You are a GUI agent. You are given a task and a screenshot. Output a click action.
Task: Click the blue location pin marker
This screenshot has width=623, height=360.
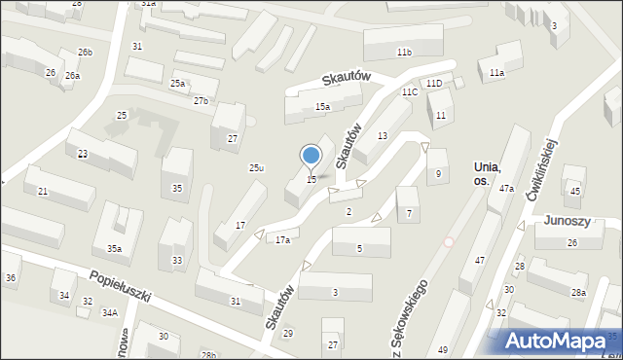pyautogui.click(x=311, y=156)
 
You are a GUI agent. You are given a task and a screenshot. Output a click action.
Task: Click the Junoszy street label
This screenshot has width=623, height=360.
pyautogui.click(x=568, y=220)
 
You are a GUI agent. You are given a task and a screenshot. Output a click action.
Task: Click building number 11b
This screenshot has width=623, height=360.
pyautogui.click(x=403, y=52)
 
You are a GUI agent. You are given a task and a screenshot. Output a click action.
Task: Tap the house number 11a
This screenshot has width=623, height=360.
pyautogui.click(x=496, y=73)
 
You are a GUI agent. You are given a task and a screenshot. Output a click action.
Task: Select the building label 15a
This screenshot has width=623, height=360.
pyautogui.click(x=322, y=106)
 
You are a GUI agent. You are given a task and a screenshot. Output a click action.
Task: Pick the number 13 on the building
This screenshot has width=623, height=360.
pyautogui.click(x=383, y=135)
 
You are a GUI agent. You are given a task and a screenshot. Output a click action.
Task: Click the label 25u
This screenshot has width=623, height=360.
pyautogui.click(x=256, y=168)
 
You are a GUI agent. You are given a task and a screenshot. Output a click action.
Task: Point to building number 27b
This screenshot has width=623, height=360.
pyautogui.click(x=201, y=101)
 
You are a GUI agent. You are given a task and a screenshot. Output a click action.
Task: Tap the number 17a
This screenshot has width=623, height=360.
pyautogui.click(x=282, y=239)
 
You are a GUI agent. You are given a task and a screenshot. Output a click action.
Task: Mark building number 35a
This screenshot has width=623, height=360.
pyautogui.click(x=114, y=249)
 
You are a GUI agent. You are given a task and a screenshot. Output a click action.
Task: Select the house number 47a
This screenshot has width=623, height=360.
pyautogui.click(x=506, y=189)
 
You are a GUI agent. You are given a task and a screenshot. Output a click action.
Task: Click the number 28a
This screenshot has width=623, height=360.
pyautogui.click(x=578, y=292)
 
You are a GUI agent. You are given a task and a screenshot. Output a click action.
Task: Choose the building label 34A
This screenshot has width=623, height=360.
pyautogui.click(x=110, y=312)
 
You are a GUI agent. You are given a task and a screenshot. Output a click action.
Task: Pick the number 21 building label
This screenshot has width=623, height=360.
pyautogui.click(x=43, y=192)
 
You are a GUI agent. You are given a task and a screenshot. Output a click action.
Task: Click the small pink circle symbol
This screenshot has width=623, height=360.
pyautogui.click(x=449, y=241)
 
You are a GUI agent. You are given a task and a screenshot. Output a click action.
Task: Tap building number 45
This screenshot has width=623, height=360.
pyautogui.click(x=574, y=192)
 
